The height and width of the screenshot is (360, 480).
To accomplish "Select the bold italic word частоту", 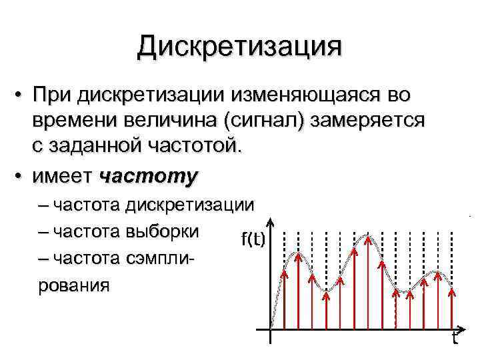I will coord(149,176).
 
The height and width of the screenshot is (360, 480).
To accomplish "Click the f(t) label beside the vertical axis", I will coord(253,238).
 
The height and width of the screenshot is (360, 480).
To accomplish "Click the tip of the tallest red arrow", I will coord(367,238).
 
